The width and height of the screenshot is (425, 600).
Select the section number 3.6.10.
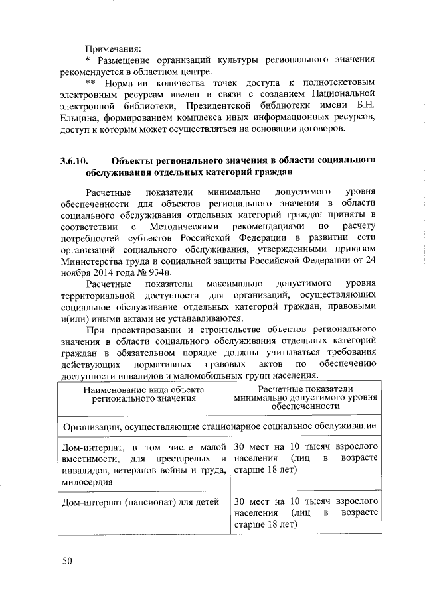[x=74, y=161]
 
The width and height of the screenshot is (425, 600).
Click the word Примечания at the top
[x=114, y=48]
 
